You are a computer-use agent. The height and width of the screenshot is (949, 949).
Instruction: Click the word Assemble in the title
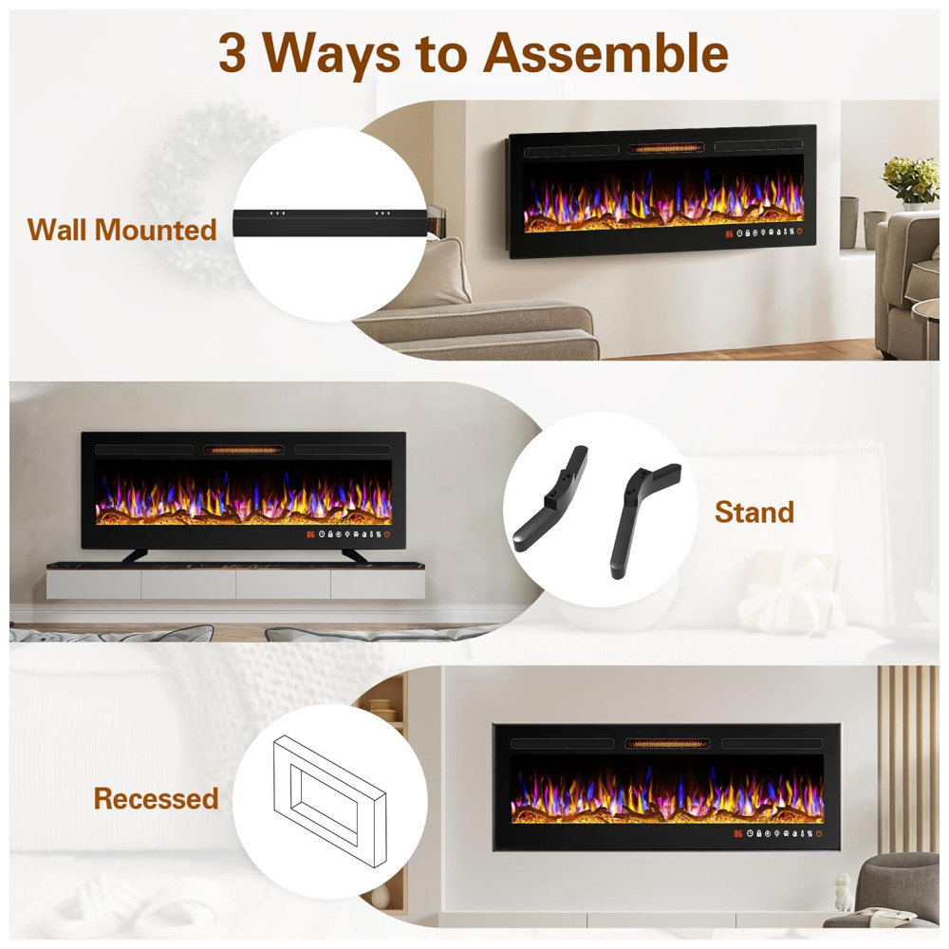coord(605,52)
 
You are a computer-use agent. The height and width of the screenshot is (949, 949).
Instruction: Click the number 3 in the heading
coord(233,53)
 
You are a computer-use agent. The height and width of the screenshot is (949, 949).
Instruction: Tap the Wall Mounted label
coord(122,230)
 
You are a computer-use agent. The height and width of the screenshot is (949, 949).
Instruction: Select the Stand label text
coord(754,512)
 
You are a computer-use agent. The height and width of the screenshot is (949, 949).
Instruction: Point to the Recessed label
coord(157,798)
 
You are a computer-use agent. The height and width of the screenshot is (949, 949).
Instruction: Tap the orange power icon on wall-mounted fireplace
coord(799,232)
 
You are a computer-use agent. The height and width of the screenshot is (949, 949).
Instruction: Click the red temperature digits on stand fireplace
coord(310,535)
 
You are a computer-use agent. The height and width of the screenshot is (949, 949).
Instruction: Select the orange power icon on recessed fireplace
coord(819,833)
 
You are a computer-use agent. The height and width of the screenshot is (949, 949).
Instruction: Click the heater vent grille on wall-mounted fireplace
coord(666,148)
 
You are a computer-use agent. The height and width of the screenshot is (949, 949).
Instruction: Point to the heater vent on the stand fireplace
coord(243,450)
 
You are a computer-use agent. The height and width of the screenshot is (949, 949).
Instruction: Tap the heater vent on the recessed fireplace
coord(667,744)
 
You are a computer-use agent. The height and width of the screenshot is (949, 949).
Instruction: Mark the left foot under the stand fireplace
coord(136,555)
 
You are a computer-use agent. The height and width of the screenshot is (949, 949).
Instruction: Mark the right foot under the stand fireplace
coord(354,555)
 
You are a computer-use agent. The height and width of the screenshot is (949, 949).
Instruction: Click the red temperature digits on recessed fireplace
coord(737,834)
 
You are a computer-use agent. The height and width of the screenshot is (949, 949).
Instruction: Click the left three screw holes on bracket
coord(277,213)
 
